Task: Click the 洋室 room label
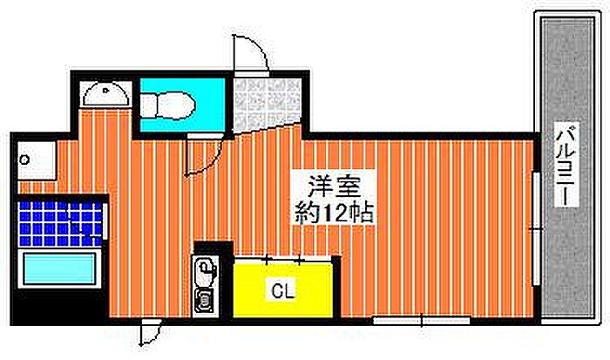point(334,187)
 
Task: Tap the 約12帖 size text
point(334,213)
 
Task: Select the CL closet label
point(283,290)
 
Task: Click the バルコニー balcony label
point(566,165)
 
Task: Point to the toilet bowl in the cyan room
point(167,105)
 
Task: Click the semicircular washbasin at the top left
point(105,93)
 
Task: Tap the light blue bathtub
point(59,269)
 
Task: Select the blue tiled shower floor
point(60,223)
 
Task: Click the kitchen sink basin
point(205,269)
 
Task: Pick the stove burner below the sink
point(203,300)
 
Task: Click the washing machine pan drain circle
point(25,160)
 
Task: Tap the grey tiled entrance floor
point(267,104)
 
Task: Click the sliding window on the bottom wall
point(421,321)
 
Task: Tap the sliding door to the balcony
point(537,229)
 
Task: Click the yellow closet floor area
point(283,290)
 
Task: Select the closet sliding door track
point(282,258)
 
